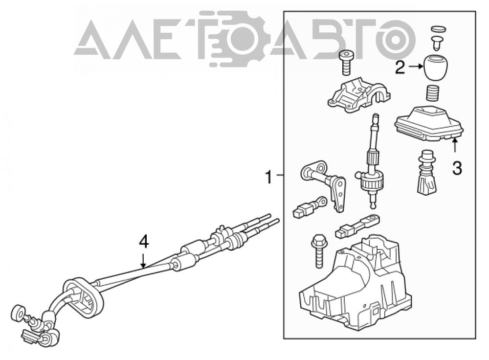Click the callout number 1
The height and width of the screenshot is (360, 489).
268,177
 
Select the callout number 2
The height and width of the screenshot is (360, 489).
400,67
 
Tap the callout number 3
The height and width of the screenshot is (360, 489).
457,168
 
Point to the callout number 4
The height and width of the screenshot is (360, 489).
143,243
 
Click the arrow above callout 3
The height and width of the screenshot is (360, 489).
455,146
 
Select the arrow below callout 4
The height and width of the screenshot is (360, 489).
143,261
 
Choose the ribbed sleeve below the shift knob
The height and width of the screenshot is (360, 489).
432,93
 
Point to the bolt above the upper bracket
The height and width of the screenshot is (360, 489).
345,63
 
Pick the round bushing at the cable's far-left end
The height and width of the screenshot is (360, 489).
18,313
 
